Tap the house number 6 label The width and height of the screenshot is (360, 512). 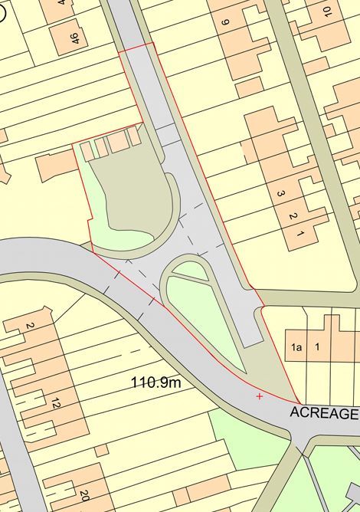tap(225, 22)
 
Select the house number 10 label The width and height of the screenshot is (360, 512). tap(327, 11)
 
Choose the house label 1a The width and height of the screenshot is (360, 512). tap(296, 347)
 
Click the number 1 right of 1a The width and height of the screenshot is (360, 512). tap(316, 347)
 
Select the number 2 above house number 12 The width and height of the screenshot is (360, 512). tap(31, 326)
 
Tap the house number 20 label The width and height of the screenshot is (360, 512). tap(84, 495)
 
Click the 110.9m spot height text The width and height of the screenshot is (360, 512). tap(155, 382)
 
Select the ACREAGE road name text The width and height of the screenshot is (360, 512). tap(323, 413)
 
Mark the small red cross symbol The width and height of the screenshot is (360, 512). tap(260, 396)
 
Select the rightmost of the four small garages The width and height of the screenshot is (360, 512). tap(134, 136)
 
